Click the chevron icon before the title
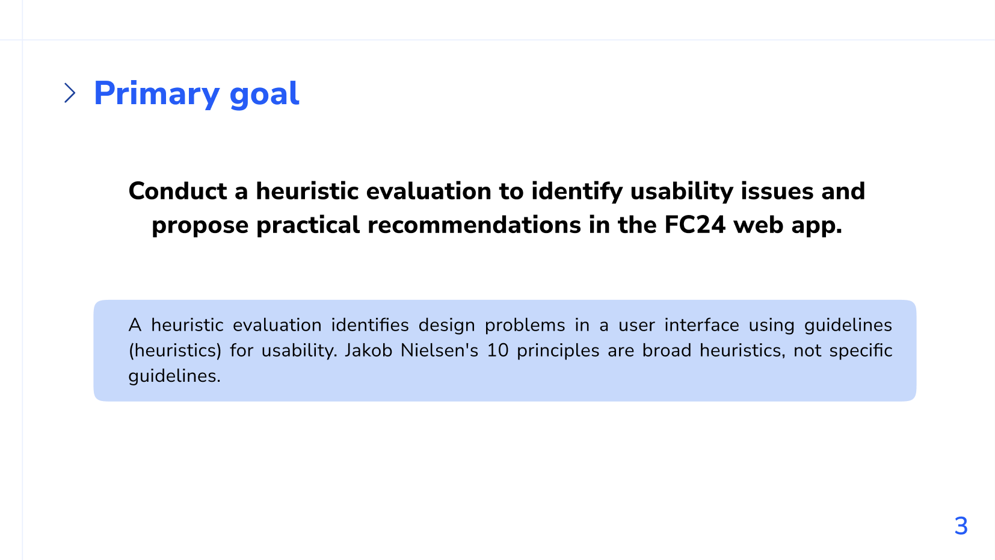pos(70,93)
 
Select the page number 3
pos(961,526)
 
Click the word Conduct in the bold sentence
pos(177,191)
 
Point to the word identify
pos(578,191)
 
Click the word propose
pos(200,226)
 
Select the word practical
pos(307,226)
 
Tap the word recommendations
pos(474,225)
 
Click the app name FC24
pos(694,225)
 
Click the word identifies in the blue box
pos(369,325)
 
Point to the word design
pos(446,325)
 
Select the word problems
pos(525,325)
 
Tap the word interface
pos(701,325)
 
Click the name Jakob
pos(368,350)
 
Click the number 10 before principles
pos(498,350)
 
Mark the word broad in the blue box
pos(667,350)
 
